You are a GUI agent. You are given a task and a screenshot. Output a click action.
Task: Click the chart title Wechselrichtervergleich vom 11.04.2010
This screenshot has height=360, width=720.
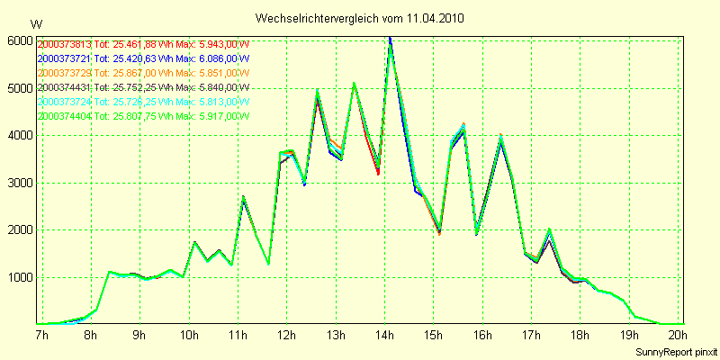coord(360,18)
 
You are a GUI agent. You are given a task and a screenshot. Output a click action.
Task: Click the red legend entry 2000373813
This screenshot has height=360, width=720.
coord(144,44)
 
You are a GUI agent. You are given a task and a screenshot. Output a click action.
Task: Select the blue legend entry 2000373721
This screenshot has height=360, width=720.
coord(144,58)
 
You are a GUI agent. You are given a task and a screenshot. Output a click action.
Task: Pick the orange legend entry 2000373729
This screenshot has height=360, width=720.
coord(144,73)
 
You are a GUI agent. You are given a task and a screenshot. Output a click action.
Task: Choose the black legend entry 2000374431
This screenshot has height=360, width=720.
coord(144,87)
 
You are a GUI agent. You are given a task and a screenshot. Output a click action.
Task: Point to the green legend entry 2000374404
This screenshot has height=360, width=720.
coord(144,116)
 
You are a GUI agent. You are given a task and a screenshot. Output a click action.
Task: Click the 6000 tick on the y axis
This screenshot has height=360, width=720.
coord(20,41)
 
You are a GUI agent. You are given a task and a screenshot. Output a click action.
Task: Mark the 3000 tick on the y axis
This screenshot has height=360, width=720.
coord(20,183)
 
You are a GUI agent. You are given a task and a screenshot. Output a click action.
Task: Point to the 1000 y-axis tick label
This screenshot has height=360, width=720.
coord(20,277)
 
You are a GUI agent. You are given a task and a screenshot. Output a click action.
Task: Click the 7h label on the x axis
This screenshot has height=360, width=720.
coord(41,335)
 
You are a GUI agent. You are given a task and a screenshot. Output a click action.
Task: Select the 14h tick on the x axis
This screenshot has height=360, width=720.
coord(384,335)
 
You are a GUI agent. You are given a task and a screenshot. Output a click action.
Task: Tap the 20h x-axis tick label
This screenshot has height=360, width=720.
coord(678,335)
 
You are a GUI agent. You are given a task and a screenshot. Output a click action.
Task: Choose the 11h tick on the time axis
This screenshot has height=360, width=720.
coord(238,335)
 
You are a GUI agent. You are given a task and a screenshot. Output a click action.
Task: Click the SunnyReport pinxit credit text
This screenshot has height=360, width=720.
coord(674,350)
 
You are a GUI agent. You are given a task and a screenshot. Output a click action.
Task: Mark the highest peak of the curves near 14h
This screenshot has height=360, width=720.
coord(390,39)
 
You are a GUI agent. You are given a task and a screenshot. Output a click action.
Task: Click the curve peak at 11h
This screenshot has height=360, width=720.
coord(243,196)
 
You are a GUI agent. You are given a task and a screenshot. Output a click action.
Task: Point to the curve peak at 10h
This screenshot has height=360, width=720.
coord(194,242)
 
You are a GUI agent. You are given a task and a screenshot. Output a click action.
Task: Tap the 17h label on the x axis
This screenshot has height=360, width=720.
coord(531,335)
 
